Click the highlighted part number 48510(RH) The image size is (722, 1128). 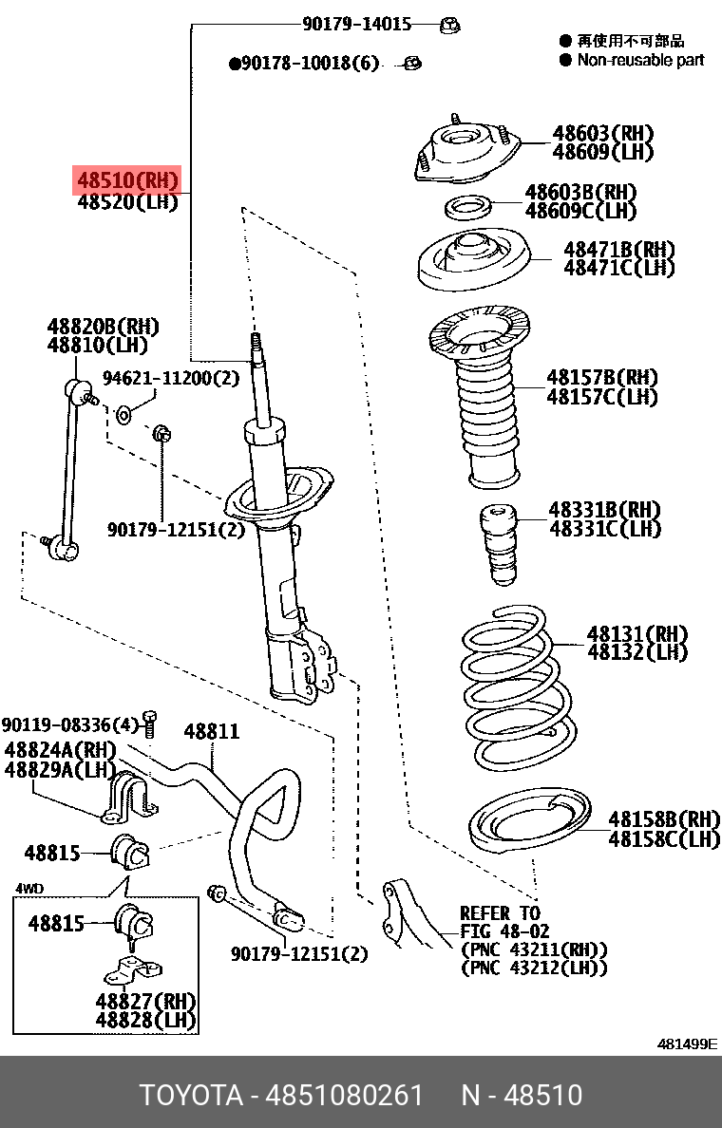(x=127, y=180)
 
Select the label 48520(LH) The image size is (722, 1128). (x=127, y=201)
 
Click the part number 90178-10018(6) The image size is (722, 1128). (x=304, y=64)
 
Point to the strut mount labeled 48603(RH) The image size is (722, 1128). (x=466, y=153)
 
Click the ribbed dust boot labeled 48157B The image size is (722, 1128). (x=488, y=418)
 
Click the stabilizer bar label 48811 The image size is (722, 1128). (x=211, y=731)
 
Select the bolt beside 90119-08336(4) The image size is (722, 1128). (x=148, y=724)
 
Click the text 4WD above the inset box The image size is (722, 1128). (x=29, y=889)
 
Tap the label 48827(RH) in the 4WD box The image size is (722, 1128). (x=144, y=1001)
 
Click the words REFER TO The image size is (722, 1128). (x=500, y=913)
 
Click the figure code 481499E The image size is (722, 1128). (x=688, y=1044)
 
